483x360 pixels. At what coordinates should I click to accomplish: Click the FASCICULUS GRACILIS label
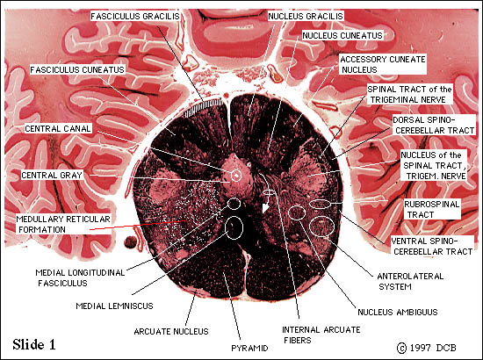(135, 17)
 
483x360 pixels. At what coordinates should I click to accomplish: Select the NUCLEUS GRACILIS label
(306, 17)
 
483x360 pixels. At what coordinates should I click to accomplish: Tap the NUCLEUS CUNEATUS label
(342, 35)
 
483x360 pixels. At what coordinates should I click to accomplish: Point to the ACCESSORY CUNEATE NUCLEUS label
(383, 64)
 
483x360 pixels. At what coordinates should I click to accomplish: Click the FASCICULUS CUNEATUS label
(77, 70)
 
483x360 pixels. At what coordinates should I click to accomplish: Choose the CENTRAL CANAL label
(58, 129)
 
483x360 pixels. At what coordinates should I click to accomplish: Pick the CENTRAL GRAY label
(52, 176)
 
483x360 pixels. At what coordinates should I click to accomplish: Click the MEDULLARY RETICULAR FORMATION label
(63, 224)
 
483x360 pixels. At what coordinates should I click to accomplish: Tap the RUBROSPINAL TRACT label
(431, 209)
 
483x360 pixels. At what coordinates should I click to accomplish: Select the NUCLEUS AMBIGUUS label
(397, 313)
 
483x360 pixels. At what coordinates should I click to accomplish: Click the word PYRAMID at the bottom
(249, 348)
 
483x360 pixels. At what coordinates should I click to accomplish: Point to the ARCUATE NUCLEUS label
(171, 331)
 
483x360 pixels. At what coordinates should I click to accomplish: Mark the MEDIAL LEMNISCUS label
(114, 306)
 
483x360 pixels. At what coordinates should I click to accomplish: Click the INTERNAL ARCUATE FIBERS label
(321, 335)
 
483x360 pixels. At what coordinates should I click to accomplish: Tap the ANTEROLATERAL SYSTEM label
(410, 282)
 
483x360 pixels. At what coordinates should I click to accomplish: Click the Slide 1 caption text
(34, 344)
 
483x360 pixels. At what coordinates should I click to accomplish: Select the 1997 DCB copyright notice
(427, 348)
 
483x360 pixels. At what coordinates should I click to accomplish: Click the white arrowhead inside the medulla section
(265, 208)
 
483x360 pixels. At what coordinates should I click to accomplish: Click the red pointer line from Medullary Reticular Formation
(137, 225)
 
